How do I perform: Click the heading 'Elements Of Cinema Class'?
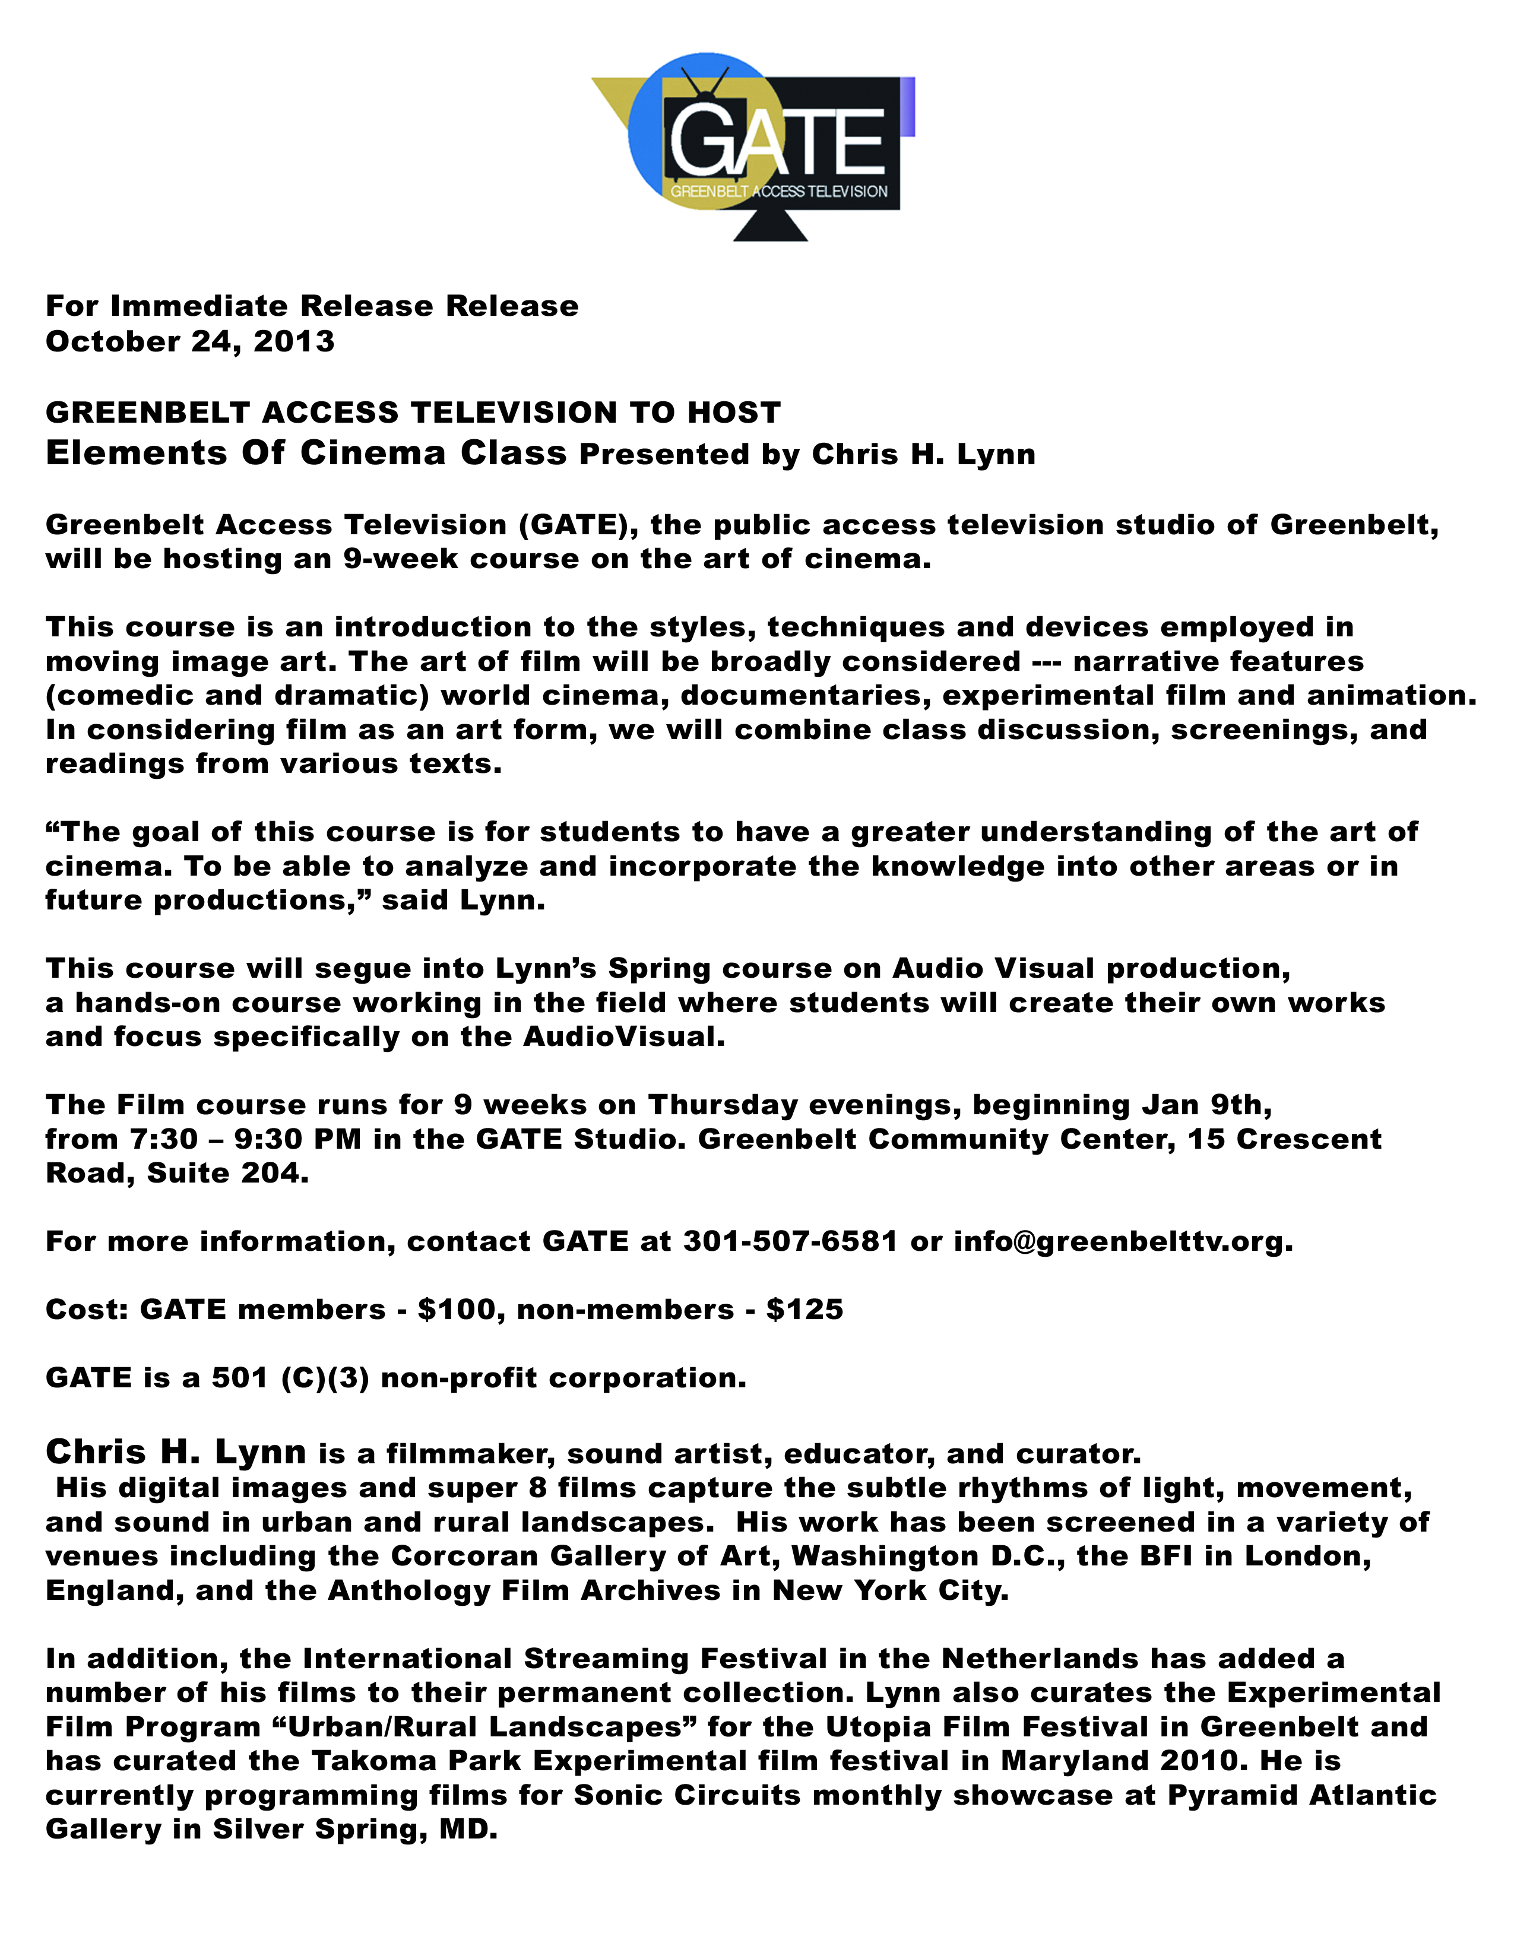[306, 453]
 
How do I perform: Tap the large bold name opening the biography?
[176, 1451]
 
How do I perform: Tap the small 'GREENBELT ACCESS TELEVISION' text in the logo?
[778, 191]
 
